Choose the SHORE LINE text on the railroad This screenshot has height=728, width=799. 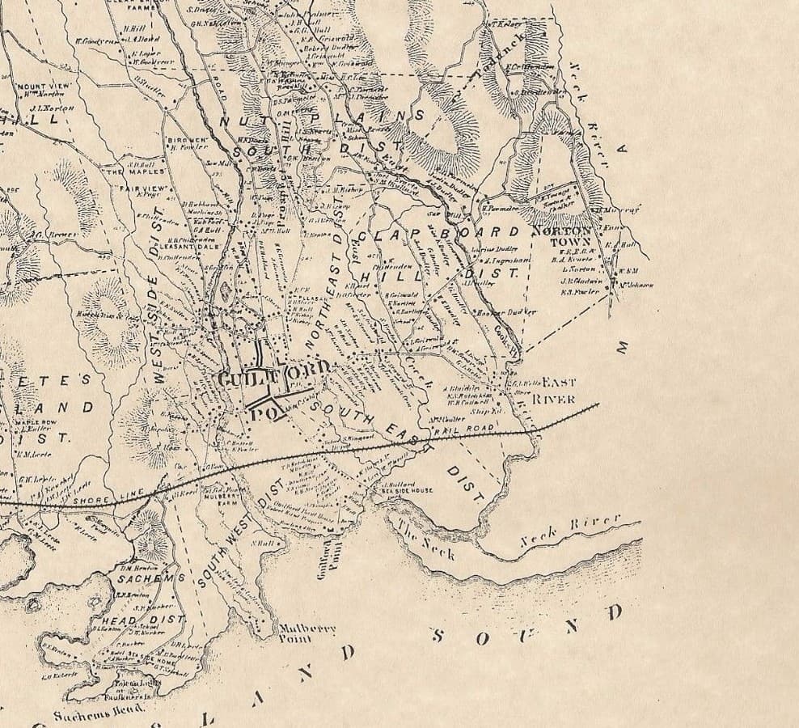[x=98, y=501]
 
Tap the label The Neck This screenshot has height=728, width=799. [x=426, y=540]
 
